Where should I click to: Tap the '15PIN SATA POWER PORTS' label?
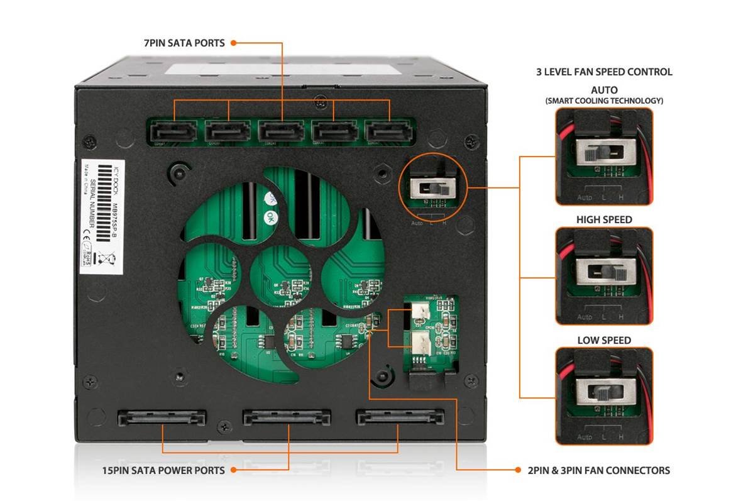click(x=163, y=470)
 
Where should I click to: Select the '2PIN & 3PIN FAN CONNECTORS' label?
click(x=598, y=470)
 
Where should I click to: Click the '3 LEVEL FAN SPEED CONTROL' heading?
click(x=603, y=72)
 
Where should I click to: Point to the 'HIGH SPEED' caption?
click(x=603, y=220)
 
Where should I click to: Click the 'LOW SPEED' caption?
click(x=603, y=340)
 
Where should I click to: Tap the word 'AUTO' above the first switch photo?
click(x=603, y=90)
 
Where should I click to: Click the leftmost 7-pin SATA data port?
click(x=174, y=132)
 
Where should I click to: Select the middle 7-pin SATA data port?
click(x=282, y=132)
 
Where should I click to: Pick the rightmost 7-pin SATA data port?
click(x=390, y=132)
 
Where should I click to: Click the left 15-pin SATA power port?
click(x=162, y=417)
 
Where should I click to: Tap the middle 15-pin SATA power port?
click(x=288, y=417)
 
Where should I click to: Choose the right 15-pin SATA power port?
click(x=400, y=417)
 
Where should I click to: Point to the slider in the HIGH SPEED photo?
click(x=620, y=273)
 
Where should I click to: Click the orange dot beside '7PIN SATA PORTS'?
click(x=233, y=43)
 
